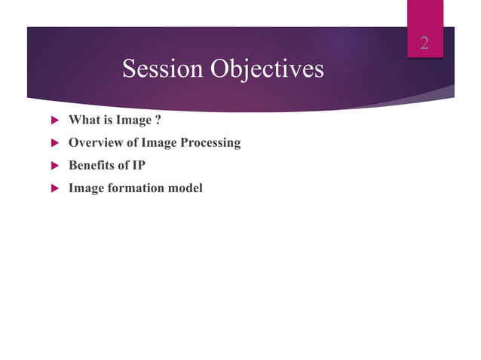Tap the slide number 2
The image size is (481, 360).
click(424, 43)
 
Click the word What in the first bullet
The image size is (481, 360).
click(82, 120)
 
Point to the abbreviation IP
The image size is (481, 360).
click(138, 165)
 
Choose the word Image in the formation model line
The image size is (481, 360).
click(85, 188)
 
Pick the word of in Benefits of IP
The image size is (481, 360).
click(122, 165)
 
